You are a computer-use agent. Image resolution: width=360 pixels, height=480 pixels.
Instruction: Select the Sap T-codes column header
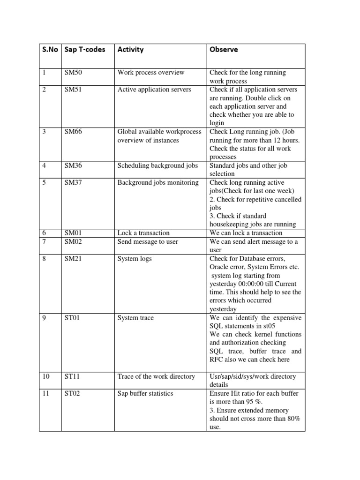click(85, 49)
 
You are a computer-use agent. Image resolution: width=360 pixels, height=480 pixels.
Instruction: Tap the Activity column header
click(130, 49)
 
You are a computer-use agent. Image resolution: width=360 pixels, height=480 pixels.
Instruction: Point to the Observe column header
click(224, 49)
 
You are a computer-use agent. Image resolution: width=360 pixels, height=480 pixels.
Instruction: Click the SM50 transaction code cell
click(73, 73)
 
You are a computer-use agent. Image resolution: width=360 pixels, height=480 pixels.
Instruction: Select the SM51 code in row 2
click(73, 90)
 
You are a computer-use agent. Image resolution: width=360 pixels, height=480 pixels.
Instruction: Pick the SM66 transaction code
click(73, 132)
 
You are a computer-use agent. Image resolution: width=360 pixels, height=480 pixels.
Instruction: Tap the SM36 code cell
click(73, 165)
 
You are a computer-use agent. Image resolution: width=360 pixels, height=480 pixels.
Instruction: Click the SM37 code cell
click(73, 182)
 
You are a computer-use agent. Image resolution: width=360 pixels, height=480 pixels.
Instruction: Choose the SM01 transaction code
click(73, 233)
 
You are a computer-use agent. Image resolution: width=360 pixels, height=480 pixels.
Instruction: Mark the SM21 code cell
click(73, 258)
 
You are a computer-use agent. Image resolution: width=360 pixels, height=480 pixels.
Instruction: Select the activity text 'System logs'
click(135, 258)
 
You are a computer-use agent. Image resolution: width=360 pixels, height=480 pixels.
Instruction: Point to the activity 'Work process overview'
click(151, 73)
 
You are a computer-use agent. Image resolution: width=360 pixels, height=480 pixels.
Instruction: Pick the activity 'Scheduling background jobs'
click(157, 165)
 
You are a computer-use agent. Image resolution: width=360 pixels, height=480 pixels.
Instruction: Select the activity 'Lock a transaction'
click(143, 233)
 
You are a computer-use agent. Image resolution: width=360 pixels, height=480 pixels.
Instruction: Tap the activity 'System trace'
click(135, 318)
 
